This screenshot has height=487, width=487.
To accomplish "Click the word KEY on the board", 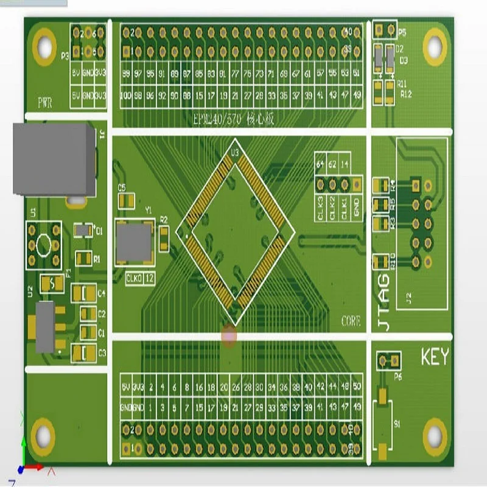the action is pos(435,357).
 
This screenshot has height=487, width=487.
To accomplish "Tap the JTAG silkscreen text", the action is pos(384,302).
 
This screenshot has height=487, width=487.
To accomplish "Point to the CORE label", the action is pos(351,321).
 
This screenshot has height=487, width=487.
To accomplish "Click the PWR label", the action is pos(44,102).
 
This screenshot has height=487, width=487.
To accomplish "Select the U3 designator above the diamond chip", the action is pos(234,145).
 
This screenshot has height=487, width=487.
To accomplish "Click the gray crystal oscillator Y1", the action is pos(133,242).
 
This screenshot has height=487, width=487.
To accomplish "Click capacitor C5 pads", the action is pos(127,201).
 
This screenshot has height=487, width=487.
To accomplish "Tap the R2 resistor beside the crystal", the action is pos(164,239).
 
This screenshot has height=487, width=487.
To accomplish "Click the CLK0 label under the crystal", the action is pos(133,279).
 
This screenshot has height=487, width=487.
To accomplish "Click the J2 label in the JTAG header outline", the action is pos(409,298).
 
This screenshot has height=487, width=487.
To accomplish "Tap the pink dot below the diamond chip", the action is pos(229,335).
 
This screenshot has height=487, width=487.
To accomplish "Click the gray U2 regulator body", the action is pos(45,327).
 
